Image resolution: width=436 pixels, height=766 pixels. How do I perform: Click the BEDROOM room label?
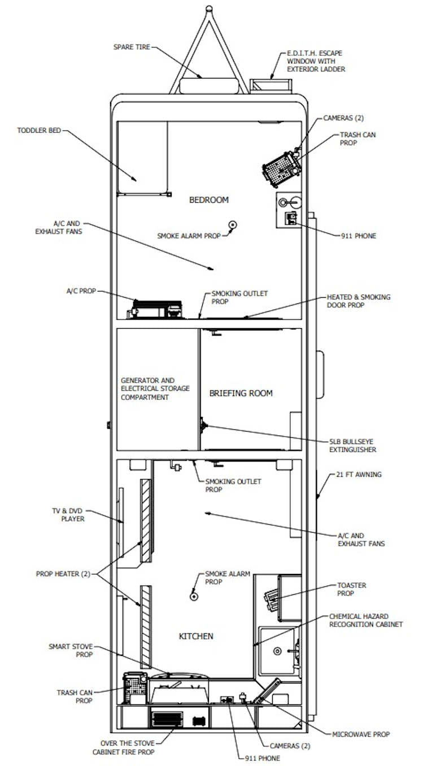point(208,200)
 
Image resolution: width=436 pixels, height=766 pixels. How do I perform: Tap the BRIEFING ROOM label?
point(241,393)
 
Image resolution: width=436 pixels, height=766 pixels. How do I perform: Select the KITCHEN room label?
point(196,636)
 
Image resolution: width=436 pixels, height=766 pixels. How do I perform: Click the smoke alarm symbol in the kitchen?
point(194,595)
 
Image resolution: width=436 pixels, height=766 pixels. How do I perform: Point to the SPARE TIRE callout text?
point(132,47)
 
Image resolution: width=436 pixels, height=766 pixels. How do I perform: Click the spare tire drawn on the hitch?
point(208,86)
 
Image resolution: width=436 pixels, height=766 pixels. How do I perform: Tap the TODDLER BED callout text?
point(39,130)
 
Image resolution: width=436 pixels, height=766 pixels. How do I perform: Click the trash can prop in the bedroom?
point(281,167)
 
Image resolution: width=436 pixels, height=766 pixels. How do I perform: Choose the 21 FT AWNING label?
point(359,475)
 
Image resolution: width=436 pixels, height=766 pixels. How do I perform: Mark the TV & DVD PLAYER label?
point(68,515)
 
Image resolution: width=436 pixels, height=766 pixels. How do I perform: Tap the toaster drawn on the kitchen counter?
point(273,600)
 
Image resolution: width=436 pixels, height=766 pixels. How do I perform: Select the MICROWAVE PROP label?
point(361,734)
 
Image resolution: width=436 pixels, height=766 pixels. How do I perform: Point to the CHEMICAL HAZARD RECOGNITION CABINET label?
point(366,620)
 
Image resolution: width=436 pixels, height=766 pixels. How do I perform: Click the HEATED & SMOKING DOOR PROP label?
point(358,301)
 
